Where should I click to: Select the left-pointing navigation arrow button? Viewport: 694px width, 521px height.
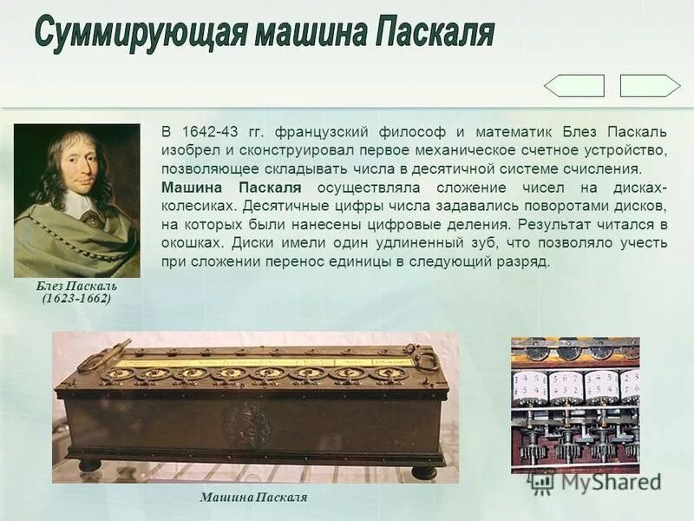click(x=573, y=86)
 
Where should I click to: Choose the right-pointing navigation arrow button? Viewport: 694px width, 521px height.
click(x=650, y=86)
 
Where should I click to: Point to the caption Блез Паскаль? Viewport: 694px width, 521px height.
click(x=76, y=286)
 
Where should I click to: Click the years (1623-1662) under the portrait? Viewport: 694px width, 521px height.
click(x=76, y=299)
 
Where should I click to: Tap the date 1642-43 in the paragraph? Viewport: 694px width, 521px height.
click(x=210, y=133)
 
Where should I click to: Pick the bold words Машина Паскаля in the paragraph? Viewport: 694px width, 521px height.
click(x=232, y=188)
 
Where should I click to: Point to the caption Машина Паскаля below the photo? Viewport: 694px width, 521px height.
click(x=253, y=498)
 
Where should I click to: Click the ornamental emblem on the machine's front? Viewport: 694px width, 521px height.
click(x=247, y=425)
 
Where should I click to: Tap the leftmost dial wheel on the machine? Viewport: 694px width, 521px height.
click(x=120, y=374)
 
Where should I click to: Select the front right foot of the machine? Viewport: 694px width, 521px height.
click(x=423, y=472)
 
